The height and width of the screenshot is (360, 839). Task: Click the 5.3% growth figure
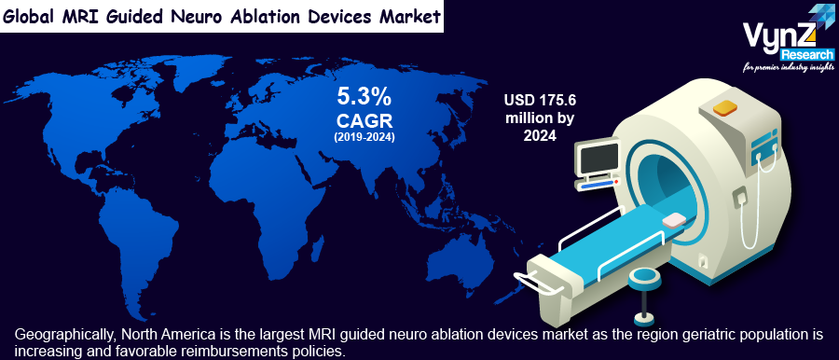pyautogui.click(x=364, y=97)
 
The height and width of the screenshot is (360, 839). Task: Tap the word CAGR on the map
pyautogui.click(x=364, y=120)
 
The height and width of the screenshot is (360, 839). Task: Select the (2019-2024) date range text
pyautogui.click(x=364, y=137)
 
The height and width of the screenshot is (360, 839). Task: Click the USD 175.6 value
pyautogui.click(x=540, y=100)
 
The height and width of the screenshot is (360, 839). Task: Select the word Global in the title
pyautogui.click(x=30, y=16)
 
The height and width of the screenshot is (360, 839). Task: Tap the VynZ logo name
pyautogui.click(x=779, y=38)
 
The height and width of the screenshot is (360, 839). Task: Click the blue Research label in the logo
pyautogui.click(x=807, y=55)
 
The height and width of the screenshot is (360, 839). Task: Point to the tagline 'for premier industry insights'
pyautogui.click(x=788, y=67)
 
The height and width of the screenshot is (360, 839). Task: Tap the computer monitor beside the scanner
pyautogui.click(x=598, y=159)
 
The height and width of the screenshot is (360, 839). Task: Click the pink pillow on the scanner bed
pyautogui.click(x=675, y=220)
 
